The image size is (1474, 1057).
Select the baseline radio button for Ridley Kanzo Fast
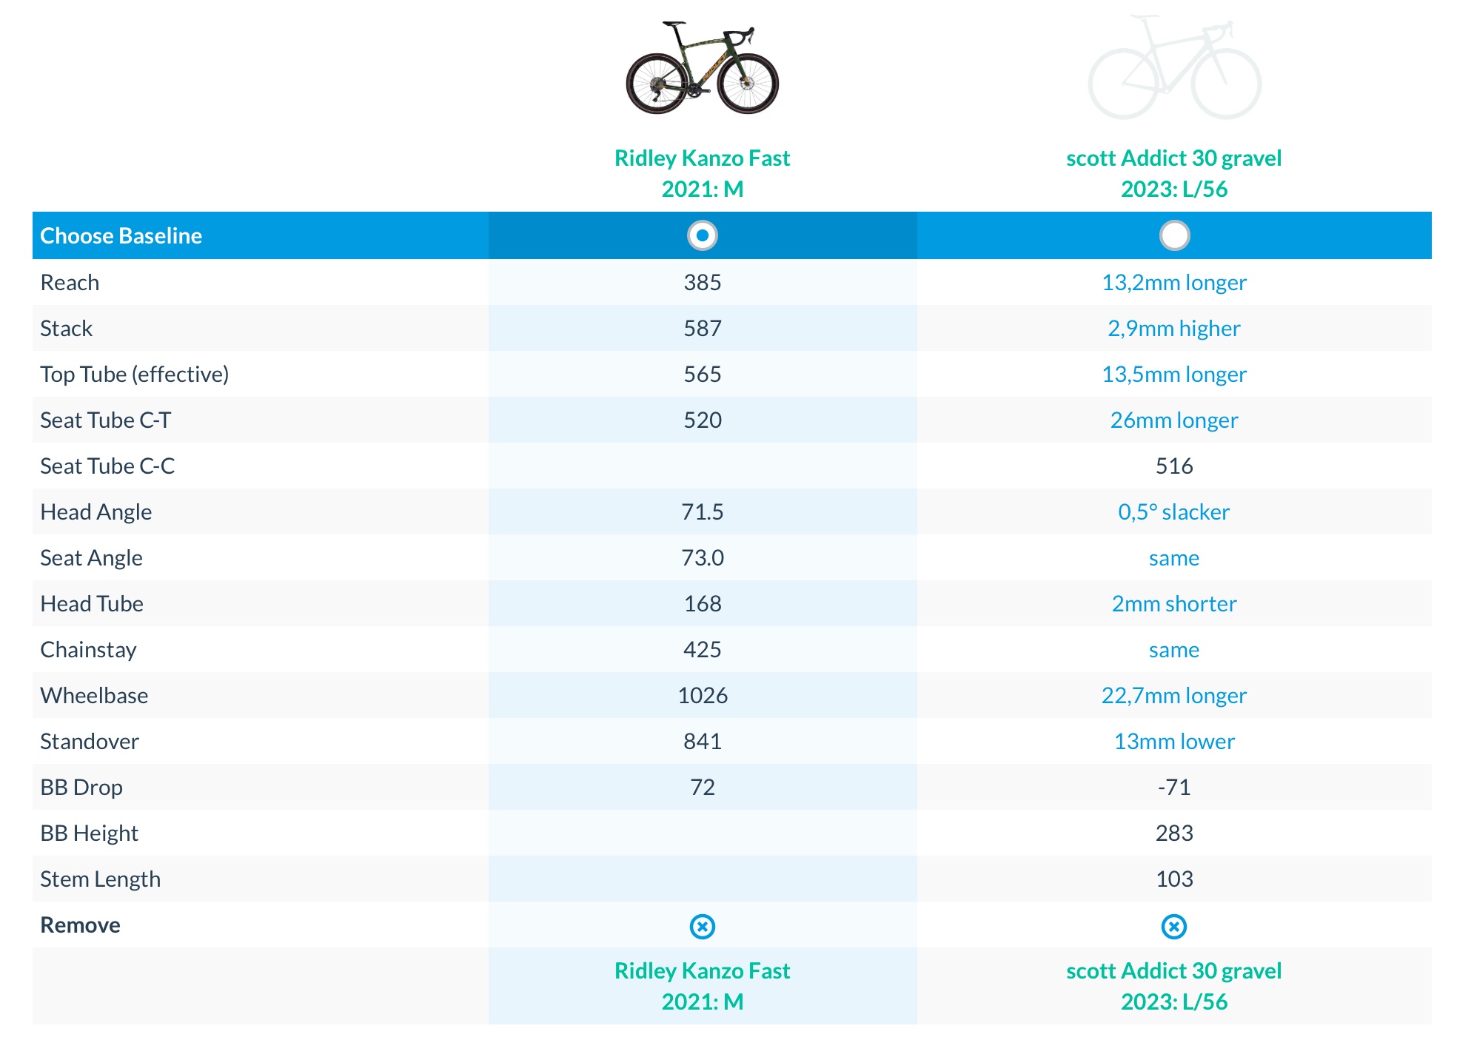coord(702,235)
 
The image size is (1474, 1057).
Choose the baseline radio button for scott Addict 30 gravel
coord(1174,235)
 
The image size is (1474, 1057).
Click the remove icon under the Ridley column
coord(702,926)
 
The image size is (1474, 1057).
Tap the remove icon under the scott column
coord(1173,926)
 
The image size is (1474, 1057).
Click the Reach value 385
coord(702,282)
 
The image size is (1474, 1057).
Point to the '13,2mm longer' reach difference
coord(1173,282)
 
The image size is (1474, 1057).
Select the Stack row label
coord(67,328)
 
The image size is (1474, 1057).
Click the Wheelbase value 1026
coord(702,695)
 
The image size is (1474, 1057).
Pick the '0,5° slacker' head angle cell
coord(1173,511)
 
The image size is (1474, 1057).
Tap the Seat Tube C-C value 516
coord(1173,466)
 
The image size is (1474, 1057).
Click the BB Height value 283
coord(1173,833)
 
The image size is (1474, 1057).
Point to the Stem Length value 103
coord(1173,879)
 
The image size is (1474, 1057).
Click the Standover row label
coord(90,741)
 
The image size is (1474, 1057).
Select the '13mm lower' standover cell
coord(1173,741)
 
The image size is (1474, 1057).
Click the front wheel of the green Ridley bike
coord(747,84)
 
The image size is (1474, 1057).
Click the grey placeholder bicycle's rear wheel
coord(1122,84)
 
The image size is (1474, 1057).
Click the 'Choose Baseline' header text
coord(121,235)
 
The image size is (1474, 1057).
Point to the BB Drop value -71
coord(1173,787)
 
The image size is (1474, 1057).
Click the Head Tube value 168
coord(702,603)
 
